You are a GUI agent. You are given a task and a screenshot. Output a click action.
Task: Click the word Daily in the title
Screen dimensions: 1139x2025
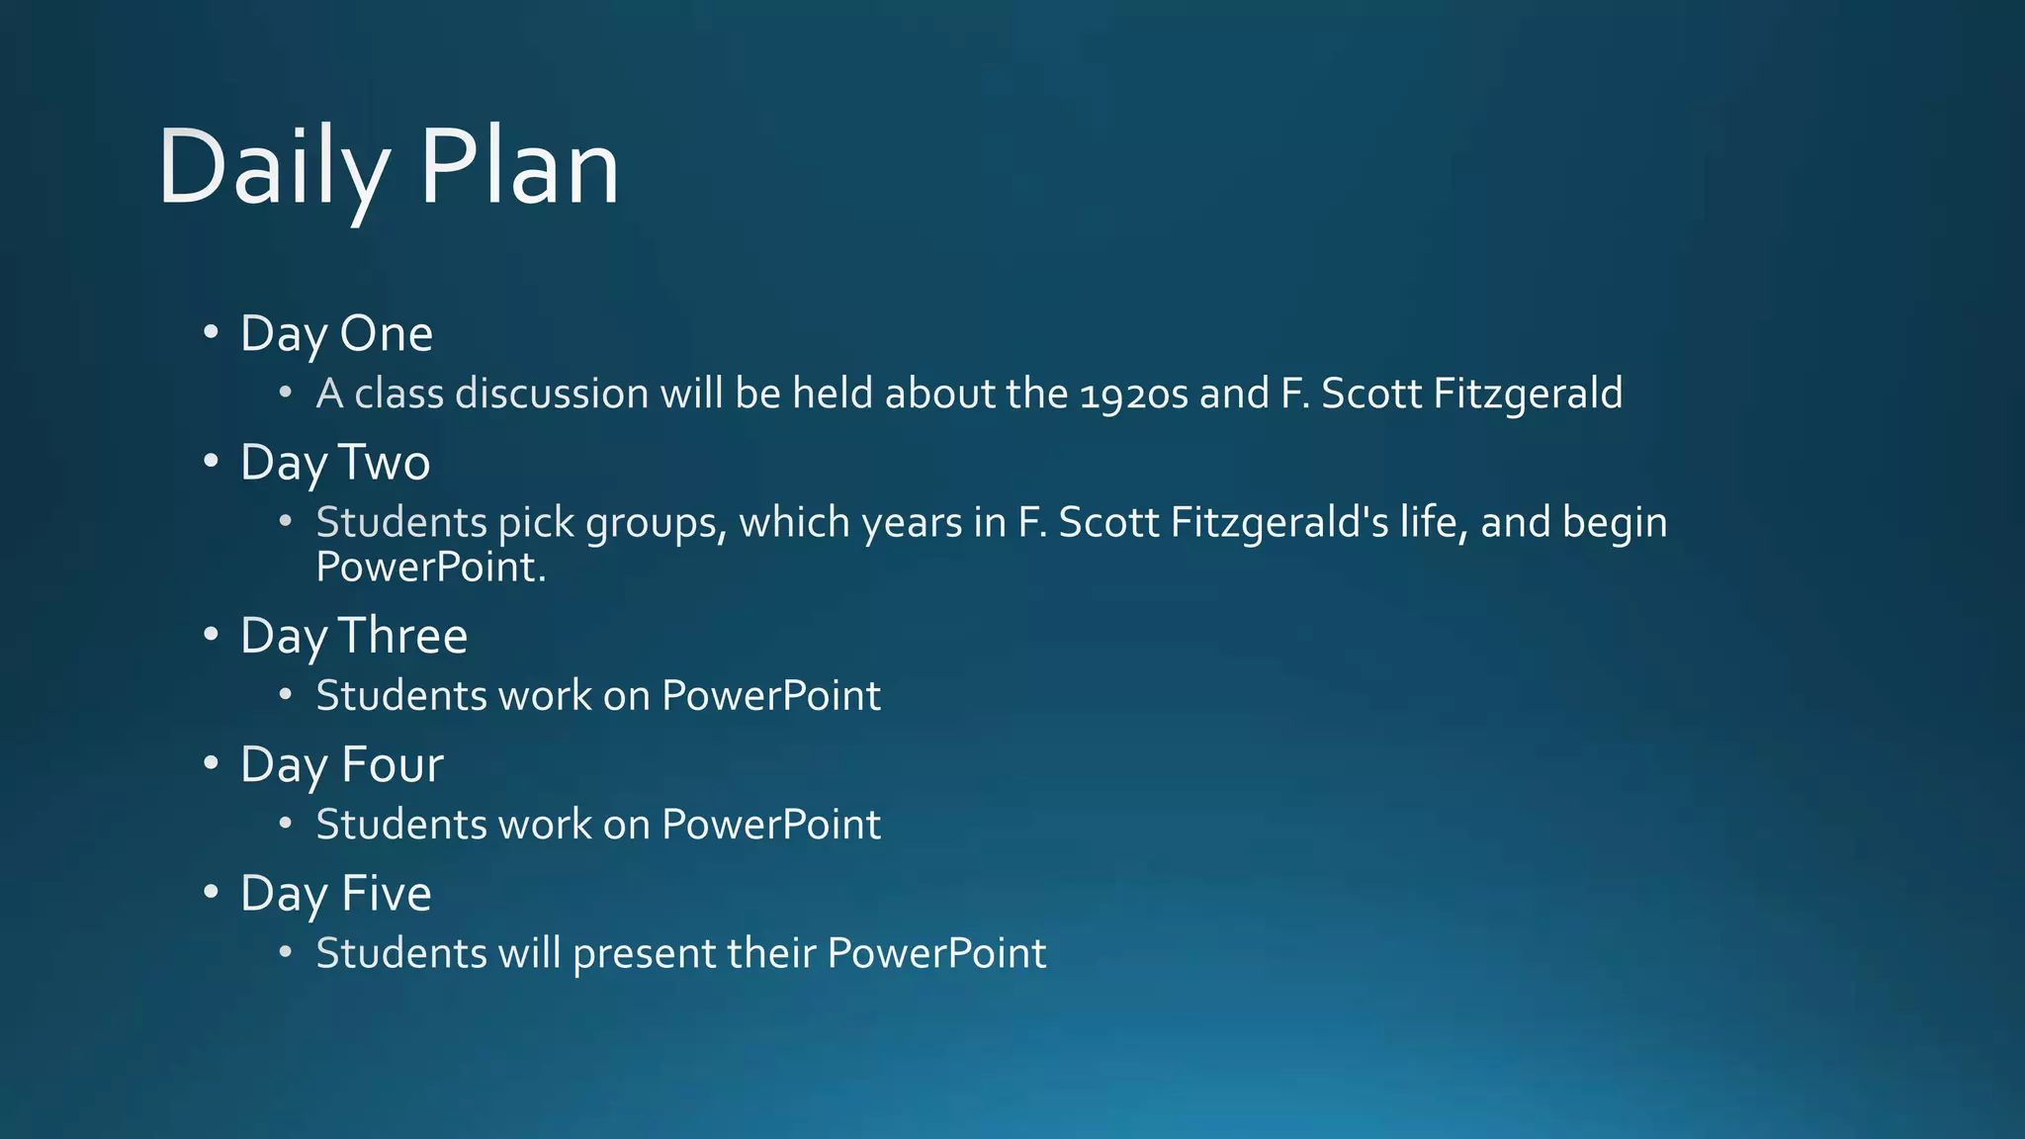(x=272, y=168)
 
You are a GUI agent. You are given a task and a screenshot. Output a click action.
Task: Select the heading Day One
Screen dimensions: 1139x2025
(x=336, y=334)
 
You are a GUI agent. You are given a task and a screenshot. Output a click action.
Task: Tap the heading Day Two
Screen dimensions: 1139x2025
(x=335, y=463)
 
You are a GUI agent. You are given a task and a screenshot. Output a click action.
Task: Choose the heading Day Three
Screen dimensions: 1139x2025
(x=353, y=636)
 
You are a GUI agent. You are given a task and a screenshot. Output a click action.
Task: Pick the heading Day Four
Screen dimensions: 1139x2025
(x=341, y=765)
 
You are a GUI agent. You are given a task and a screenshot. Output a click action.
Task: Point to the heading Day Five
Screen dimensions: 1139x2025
(x=335, y=894)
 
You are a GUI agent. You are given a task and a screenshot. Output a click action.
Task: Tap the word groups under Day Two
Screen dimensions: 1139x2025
(x=656, y=523)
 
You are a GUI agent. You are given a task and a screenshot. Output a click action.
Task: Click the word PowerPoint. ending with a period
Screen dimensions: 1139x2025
(x=431, y=568)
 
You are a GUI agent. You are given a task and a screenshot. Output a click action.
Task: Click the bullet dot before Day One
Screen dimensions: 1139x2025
(x=211, y=333)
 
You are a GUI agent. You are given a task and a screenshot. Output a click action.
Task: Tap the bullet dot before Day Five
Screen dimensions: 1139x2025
(x=211, y=893)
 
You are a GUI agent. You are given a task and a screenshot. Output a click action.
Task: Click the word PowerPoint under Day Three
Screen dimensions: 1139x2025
(x=770, y=696)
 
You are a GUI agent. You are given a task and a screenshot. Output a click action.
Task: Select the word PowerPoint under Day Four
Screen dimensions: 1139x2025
(x=770, y=826)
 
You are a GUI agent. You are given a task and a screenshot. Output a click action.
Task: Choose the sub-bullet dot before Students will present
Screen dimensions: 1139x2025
(x=286, y=953)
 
